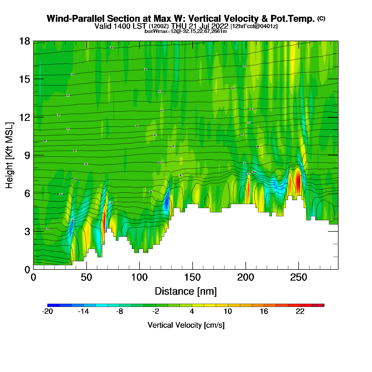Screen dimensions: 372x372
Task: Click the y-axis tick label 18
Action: coord(24,41)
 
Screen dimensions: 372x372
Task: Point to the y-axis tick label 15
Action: coord(24,79)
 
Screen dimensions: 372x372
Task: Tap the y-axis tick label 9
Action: coord(27,155)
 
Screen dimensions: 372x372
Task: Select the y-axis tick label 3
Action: coord(27,232)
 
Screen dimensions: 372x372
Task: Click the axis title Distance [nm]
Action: coord(186,291)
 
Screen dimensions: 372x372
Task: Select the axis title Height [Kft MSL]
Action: coord(9,155)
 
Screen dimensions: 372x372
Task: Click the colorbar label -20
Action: coord(47,311)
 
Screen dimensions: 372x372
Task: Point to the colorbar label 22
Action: coord(300,311)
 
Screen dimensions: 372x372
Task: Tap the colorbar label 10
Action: coord(228,311)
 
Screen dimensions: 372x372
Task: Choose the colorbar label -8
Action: coord(120,311)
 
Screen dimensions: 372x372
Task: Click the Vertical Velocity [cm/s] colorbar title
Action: coord(186,325)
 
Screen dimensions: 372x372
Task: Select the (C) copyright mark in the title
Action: coord(321,18)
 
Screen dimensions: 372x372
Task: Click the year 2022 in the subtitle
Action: coord(219,26)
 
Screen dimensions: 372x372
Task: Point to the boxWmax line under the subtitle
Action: coord(186,31)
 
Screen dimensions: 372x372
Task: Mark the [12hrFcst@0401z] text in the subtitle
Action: coord(254,26)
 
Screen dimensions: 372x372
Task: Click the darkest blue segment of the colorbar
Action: coord(53,305)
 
